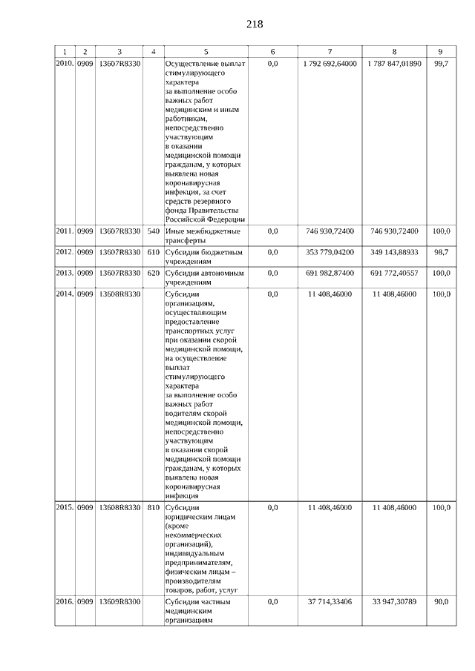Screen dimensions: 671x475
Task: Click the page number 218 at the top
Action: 255,24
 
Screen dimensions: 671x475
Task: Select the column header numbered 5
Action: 206,52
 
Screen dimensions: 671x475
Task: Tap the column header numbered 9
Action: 441,52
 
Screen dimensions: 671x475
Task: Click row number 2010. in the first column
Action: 65,65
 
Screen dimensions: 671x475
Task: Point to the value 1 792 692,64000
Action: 330,65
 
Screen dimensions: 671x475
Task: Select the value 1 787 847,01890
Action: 394,65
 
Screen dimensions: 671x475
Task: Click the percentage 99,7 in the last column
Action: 441,65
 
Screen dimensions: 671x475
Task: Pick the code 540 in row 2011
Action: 154,232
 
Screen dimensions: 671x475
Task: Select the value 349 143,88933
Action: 395,253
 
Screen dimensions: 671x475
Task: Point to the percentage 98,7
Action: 441,253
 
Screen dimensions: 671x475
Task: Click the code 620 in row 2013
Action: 154,274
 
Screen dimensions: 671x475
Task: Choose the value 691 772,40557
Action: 395,274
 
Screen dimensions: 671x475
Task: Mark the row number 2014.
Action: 65,294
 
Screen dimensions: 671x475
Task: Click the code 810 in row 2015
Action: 154,508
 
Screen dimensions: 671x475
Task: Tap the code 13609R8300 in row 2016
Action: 119,602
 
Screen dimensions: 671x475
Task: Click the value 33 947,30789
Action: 395,602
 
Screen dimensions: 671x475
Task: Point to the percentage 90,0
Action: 441,602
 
